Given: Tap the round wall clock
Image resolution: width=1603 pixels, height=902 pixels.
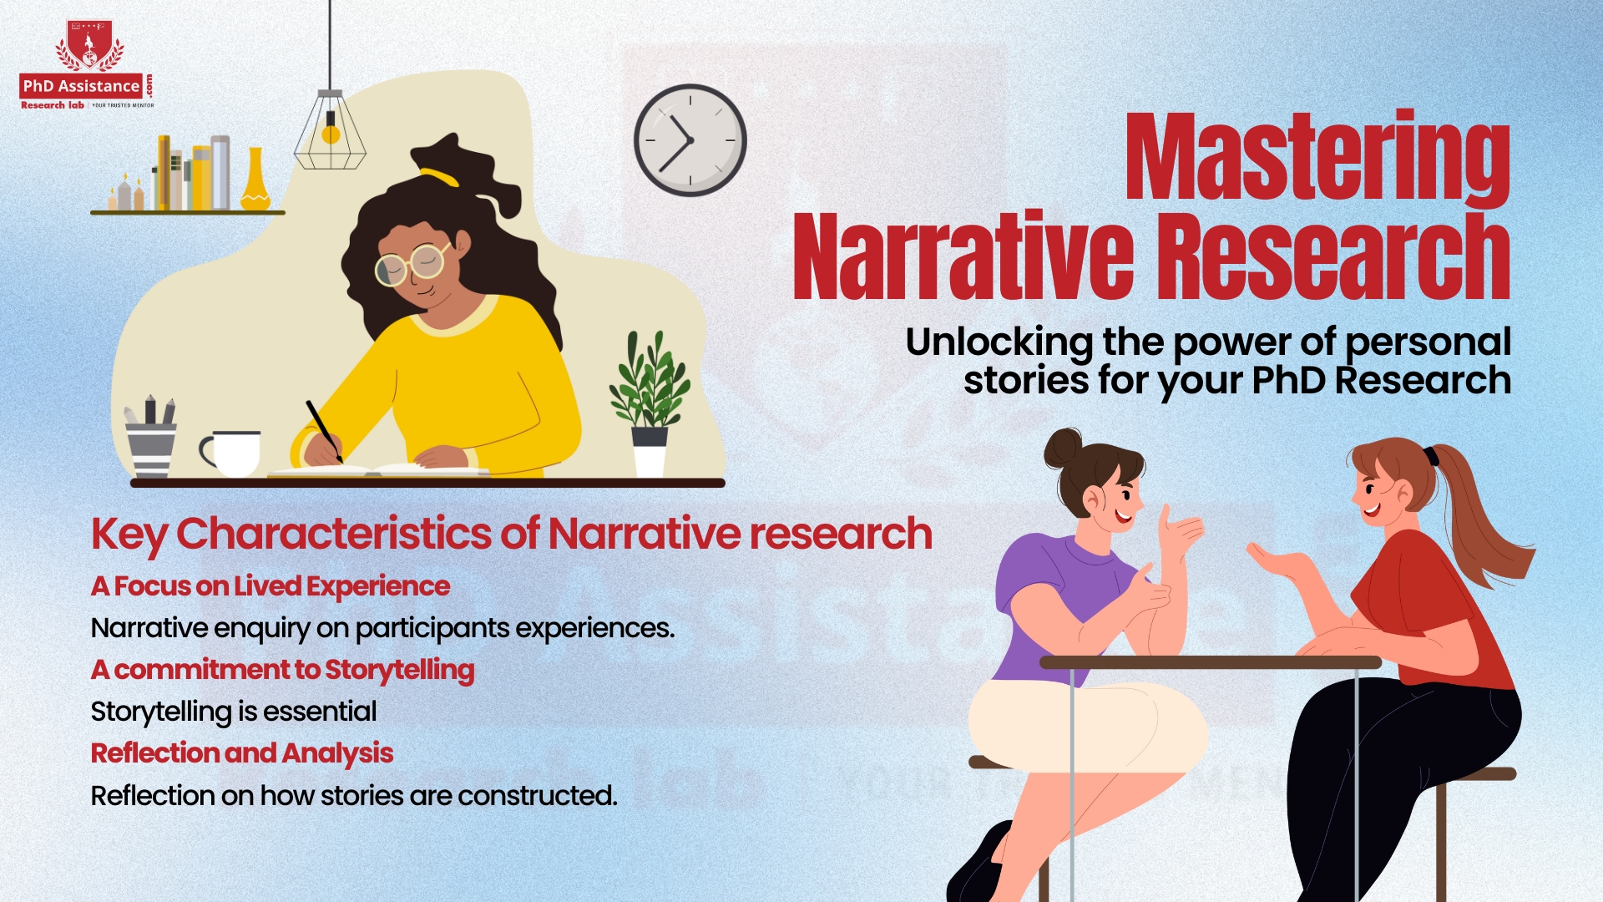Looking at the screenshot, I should click(x=690, y=140).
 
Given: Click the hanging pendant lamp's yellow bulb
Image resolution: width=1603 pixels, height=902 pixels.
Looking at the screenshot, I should click(x=331, y=134).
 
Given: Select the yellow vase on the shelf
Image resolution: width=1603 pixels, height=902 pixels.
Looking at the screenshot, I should click(x=255, y=180).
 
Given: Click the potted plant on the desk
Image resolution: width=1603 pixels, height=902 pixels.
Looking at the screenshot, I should click(x=650, y=401).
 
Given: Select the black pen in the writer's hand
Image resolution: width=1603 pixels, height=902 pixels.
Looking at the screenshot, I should click(x=324, y=429).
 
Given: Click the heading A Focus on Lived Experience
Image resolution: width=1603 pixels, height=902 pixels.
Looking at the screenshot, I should click(x=270, y=586).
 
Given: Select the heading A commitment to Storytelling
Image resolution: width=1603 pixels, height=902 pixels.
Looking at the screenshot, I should click(x=282, y=670).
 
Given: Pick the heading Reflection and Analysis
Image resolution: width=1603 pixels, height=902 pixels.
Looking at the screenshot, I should click(x=241, y=753).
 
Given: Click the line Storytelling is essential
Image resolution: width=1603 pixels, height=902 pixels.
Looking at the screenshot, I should click(x=234, y=712).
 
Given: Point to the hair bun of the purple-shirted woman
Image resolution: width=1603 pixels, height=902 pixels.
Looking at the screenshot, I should click(x=1062, y=448).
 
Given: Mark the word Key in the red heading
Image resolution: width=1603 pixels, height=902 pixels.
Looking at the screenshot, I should click(x=129, y=535).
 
